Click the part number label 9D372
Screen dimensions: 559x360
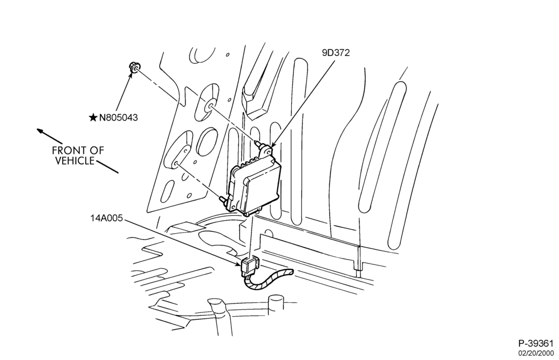tap(336, 53)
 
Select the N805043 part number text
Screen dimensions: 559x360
tap(119, 117)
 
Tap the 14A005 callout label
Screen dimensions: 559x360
tap(106, 218)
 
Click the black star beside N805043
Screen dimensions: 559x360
tap(93, 117)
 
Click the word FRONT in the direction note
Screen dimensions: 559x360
tap(65, 150)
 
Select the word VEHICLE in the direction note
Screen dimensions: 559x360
tap(74, 161)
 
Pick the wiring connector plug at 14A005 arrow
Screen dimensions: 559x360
tap(249, 266)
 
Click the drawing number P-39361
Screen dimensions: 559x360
tap(536, 344)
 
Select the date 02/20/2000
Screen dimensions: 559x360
tap(536, 353)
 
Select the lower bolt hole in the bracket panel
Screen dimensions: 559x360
tap(176, 164)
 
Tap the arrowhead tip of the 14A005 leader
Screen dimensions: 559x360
tap(240, 266)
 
